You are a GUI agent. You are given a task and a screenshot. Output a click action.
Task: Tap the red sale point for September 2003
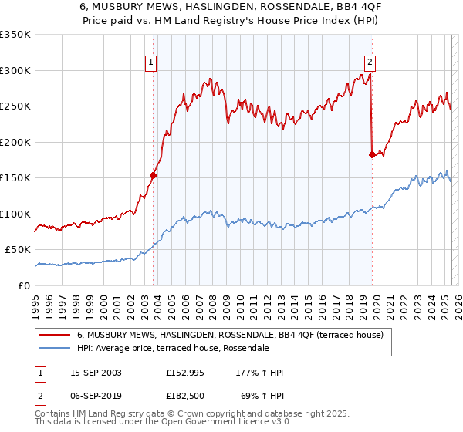pyautogui.click(x=153, y=176)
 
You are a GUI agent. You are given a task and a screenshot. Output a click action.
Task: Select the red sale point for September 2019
pyautogui.click(x=373, y=154)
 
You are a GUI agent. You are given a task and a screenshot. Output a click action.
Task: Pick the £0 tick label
pyautogui.click(x=23, y=285)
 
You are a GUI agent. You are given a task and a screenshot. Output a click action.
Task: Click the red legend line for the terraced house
pyautogui.click(x=55, y=336)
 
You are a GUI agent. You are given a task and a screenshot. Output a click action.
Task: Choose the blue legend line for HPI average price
pyautogui.click(x=55, y=349)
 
